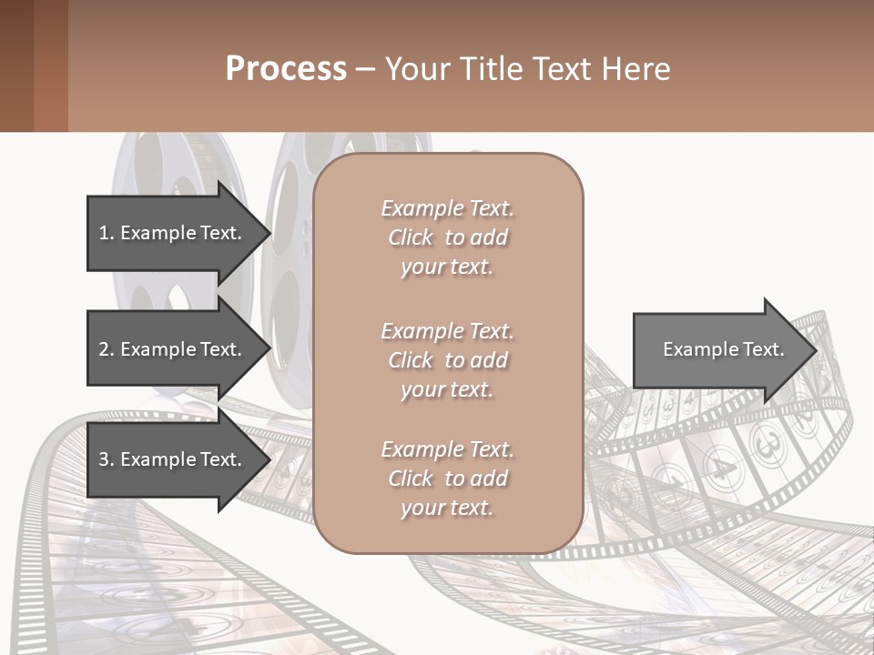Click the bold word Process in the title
click(286, 69)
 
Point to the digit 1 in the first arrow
click(104, 233)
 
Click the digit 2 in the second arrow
click(104, 349)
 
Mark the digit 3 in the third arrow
click(104, 459)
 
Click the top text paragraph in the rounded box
click(447, 237)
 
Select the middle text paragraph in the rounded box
click(447, 360)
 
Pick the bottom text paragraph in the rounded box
click(447, 479)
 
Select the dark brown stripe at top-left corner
click(16, 65)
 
